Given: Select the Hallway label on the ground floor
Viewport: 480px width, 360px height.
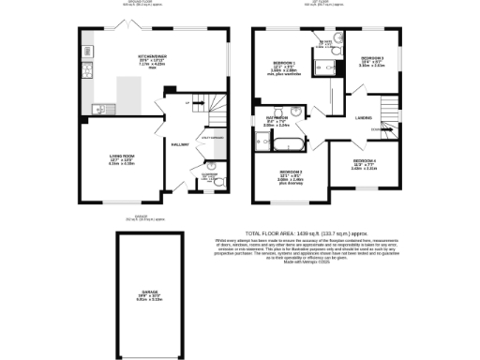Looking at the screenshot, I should (x=180, y=143).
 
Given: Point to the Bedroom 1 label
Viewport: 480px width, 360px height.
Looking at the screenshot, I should (x=285, y=64).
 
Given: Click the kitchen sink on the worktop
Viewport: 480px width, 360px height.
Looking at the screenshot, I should (x=99, y=109).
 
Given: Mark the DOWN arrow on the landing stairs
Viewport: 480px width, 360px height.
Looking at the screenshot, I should (x=377, y=127).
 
